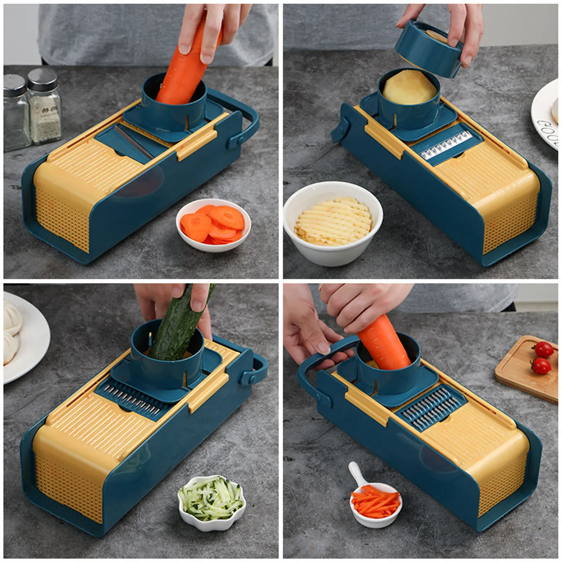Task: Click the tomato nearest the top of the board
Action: click(x=544, y=350)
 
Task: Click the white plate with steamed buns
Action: click(x=25, y=337)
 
